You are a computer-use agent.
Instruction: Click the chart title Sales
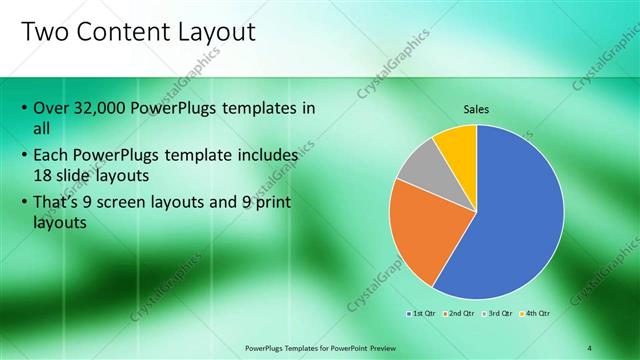[476, 109]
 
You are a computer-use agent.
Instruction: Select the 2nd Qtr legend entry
[461, 313]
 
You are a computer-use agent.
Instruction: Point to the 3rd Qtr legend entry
[497, 313]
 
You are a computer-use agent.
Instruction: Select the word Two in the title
[43, 32]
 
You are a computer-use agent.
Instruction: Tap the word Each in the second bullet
[53, 156]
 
